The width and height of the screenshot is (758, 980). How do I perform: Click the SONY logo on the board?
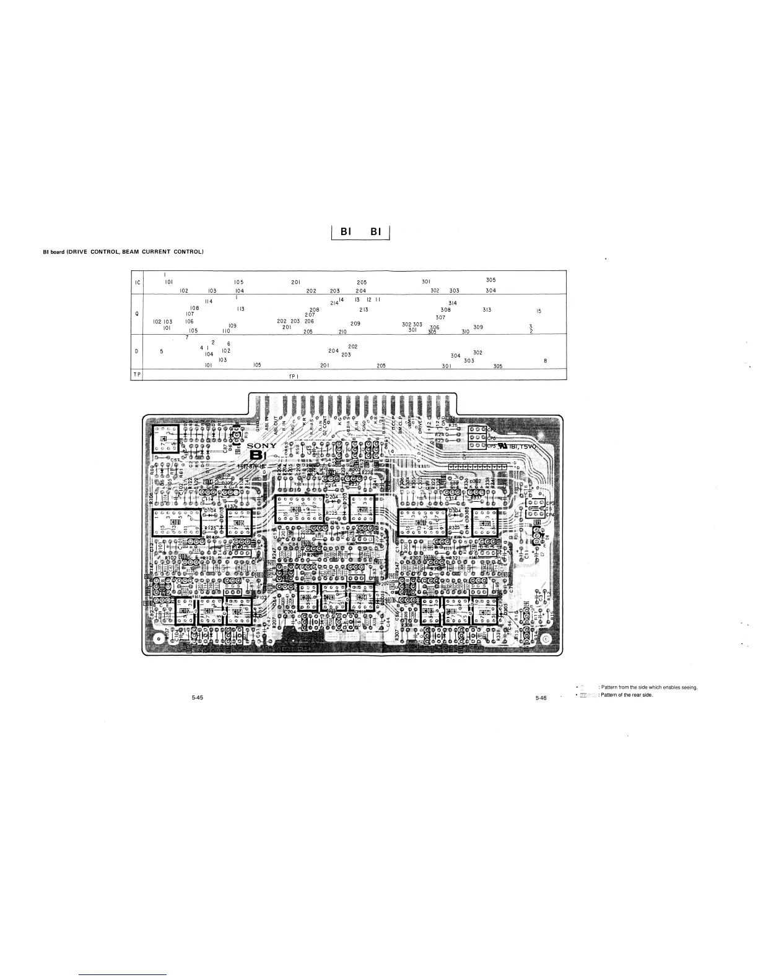(262, 447)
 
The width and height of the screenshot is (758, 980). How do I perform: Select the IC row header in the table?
(137, 283)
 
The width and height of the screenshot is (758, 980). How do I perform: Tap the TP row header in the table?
(137, 375)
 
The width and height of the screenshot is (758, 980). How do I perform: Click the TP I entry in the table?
(294, 376)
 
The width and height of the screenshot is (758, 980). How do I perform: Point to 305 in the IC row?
(490, 280)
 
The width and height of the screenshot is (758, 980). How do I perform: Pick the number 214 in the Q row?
(334, 303)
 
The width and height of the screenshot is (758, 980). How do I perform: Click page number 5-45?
(197, 697)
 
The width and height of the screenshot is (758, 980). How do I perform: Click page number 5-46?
(541, 698)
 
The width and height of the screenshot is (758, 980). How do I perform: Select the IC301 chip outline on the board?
(422, 523)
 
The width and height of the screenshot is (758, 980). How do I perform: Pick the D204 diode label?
(331, 497)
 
